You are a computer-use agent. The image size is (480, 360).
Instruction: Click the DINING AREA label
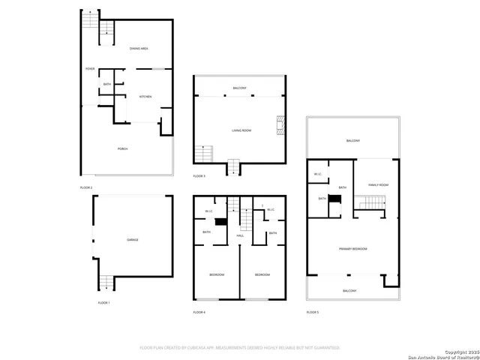pyautogui.click(x=139, y=49)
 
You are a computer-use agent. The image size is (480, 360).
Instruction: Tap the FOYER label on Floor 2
pyautogui.click(x=89, y=69)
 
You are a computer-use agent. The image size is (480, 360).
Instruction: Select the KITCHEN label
pyautogui.click(x=145, y=97)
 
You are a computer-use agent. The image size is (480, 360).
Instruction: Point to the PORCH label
pyautogui.click(x=122, y=149)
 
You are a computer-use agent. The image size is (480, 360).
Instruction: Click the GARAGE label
pyautogui.click(x=132, y=239)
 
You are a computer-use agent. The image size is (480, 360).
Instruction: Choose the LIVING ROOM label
pyautogui.click(x=241, y=130)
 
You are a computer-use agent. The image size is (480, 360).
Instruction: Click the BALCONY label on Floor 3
pyautogui.click(x=240, y=88)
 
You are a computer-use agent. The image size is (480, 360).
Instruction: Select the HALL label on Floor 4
pyautogui.click(x=240, y=235)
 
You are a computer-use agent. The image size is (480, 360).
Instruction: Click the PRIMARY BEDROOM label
pyautogui.click(x=352, y=248)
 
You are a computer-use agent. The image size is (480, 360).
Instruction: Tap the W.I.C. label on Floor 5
pyautogui.click(x=318, y=174)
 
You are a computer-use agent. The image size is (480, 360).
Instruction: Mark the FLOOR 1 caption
pyautogui.click(x=103, y=302)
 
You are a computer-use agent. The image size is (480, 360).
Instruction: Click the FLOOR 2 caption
pyautogui.click(x=86, y=187)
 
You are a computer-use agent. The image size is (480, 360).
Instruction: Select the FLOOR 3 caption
pyautogui.click(x=199, y=175)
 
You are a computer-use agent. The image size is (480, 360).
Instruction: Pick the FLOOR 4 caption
pyautogui.click(x=199, y=311)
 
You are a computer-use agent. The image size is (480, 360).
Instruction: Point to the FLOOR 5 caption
pyautogui.click(x=312, y=311)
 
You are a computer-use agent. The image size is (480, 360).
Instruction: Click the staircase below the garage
pyautogui.click(x=107, y=282)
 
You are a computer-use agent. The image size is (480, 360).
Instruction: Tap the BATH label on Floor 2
pyautogui.click(x=107, y=84)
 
